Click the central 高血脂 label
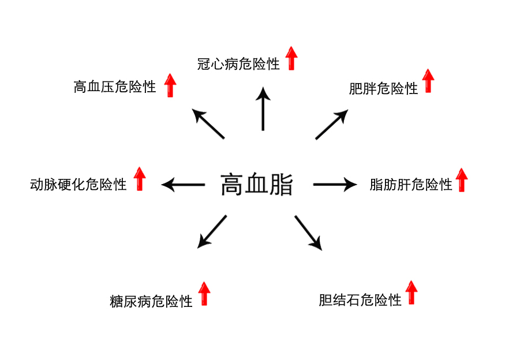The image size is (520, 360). coord(257,185)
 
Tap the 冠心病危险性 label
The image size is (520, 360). coord(238,64)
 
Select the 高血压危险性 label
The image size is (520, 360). coord(115,87)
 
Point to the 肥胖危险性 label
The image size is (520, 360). coord(383,89)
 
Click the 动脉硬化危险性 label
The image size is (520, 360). coord(78,185)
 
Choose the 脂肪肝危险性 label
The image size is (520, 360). coord(411,185)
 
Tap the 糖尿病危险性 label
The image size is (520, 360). coord(151,301)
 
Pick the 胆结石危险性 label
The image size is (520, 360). coord(360,300)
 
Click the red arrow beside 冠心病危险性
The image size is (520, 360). coord(291,59)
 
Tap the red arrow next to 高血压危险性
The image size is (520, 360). coord(170,85)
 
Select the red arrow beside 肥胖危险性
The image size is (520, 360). coord(428,81)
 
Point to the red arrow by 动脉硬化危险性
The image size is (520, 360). coord(140,179)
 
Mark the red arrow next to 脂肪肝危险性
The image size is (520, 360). coord(461,179)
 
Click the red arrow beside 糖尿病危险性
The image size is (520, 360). coord(204,293)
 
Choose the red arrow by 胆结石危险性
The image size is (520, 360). coord(411,292)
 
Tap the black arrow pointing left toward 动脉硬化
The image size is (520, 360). coord(184,185)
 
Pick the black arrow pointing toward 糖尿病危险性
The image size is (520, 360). coord(212,231)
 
